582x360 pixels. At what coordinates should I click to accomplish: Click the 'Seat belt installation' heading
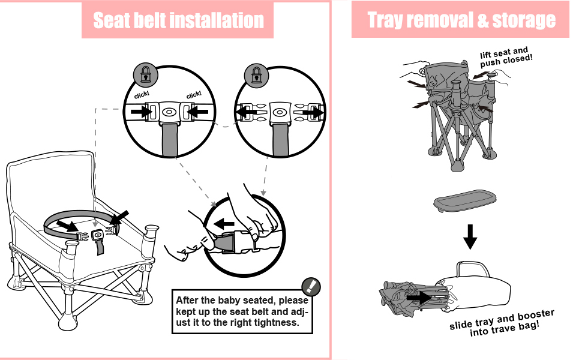click(178, 21)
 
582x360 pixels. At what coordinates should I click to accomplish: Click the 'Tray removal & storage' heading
click(461, 20)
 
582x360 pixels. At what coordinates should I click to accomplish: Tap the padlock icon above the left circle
click(145, 74)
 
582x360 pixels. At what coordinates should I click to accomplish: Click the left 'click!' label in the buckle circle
click(141, 95)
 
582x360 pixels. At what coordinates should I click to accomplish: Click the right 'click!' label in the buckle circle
click(194, 95)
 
